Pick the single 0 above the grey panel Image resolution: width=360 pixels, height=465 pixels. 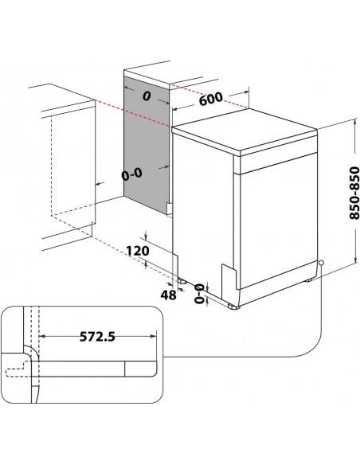[147, 96]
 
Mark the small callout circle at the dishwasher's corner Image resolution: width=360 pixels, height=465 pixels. [320, 263]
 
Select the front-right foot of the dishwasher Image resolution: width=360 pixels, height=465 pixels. [232, 305]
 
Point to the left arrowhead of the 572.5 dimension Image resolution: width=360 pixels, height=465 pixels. [42, 337]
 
